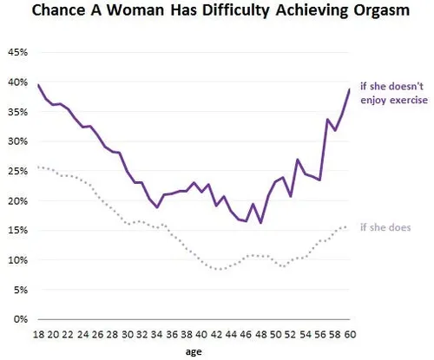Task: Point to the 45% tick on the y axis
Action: (x=18, y=51)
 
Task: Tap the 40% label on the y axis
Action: (x=18, y=82)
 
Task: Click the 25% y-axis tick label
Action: (x=18, y=171)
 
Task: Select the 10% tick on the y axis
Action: (x=18, y=259)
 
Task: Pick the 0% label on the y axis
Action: (x=21, y=318)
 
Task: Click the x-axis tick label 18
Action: (x=39, y=333)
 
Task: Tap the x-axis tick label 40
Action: (x=201, y=333)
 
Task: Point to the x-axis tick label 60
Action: (x=348, y=333)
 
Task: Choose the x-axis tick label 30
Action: (x=127, y=333)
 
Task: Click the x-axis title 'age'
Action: (x=194, y=352)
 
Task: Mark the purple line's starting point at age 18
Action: (x=39, y=85)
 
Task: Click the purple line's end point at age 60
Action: (x=349, y=89)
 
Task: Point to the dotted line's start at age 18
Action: (x=39, y=167)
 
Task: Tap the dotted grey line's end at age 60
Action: (x=349, y=226)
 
